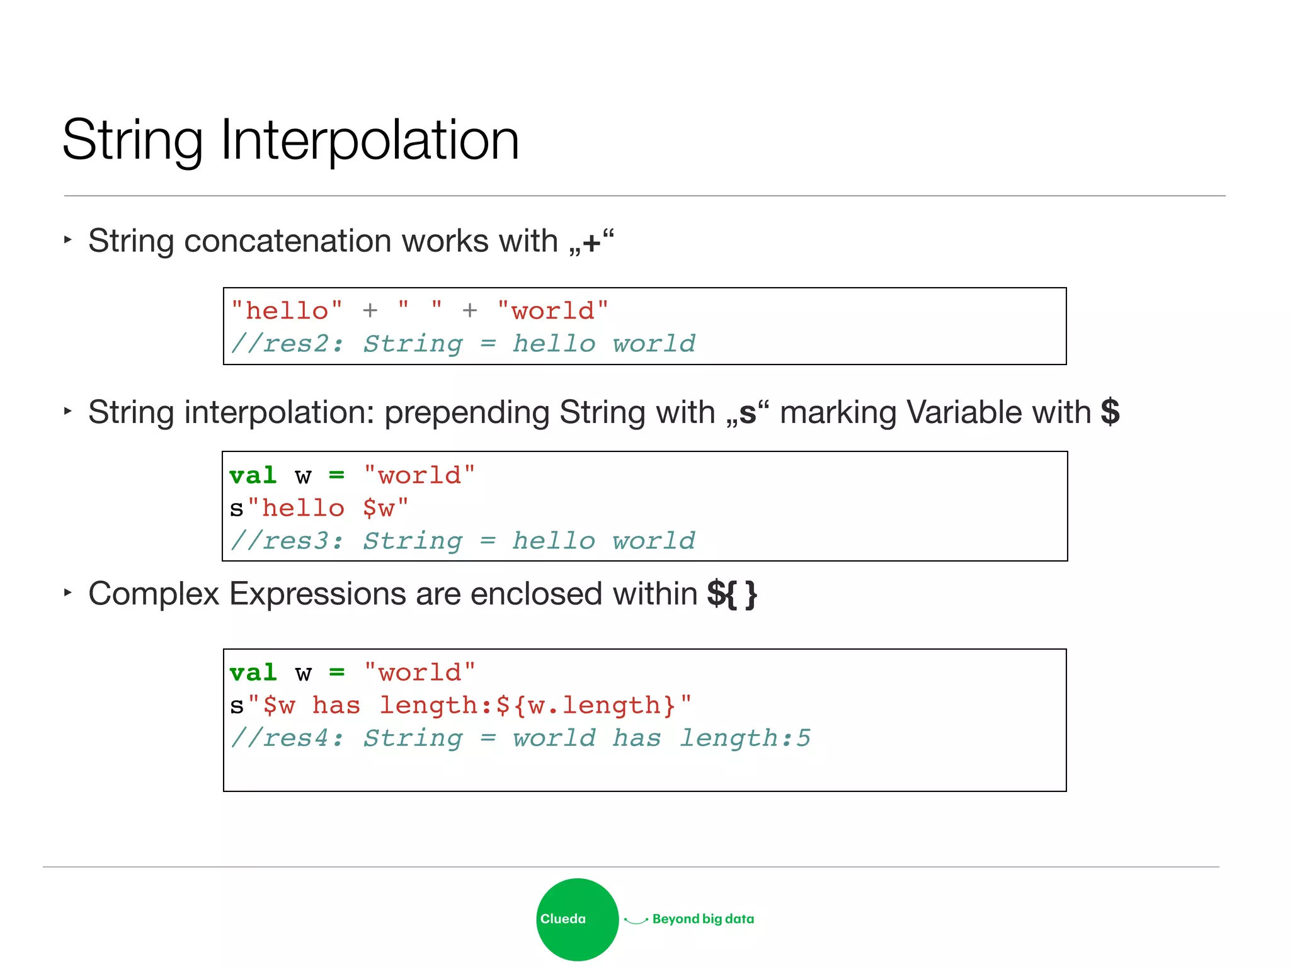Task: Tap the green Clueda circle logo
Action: [x=577, y=919]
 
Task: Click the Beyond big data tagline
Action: [x=703, y=919]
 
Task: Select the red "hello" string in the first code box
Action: [x=287, y=310]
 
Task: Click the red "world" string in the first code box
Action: [x=552, y=310]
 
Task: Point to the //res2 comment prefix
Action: [x=287, y=344]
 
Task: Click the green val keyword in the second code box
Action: [x=253, y=475]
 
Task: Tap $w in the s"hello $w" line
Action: [x=379, y=508]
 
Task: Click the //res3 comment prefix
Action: [x=287, y=541]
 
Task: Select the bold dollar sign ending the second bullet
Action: [x=1110, y=412]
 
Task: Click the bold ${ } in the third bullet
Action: [x=731, y=594]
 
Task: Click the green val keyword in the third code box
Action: [x=253, y=672]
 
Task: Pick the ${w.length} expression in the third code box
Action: [x=586, y=705]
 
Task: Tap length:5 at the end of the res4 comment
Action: [x=745, y=738]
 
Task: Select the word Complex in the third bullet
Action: [x=154, y=594]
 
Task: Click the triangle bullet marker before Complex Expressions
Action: [x=67, y=592]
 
